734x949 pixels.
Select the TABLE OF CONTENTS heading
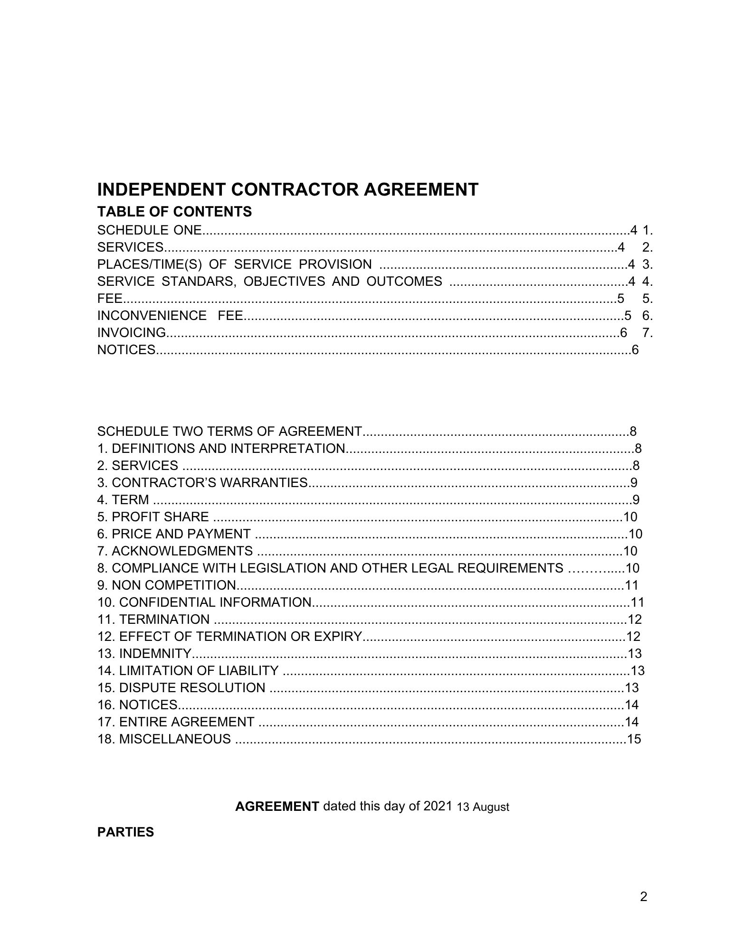(174, 212)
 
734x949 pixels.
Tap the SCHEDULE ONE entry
(150, 230)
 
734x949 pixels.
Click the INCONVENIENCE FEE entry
(170, 316)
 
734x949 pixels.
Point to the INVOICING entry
(132, 333)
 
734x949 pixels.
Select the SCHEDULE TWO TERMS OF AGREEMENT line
(229, 432)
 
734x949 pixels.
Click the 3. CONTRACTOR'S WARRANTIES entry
(203, 483)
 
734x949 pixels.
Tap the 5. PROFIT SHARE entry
(153, 517)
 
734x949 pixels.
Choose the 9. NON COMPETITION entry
(167, 585)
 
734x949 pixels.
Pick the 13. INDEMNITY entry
(144, 654)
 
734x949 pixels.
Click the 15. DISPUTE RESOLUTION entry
(181, 688)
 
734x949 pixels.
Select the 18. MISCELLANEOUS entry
(164, 739)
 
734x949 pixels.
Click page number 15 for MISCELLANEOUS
(634, 739)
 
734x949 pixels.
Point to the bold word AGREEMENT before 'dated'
(277, 807)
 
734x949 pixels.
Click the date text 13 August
(483, 807)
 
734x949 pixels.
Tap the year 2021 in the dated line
(436, 807)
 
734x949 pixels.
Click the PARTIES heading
(125, 832)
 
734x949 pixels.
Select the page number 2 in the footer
(644, 897)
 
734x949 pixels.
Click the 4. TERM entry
(123, 500)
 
